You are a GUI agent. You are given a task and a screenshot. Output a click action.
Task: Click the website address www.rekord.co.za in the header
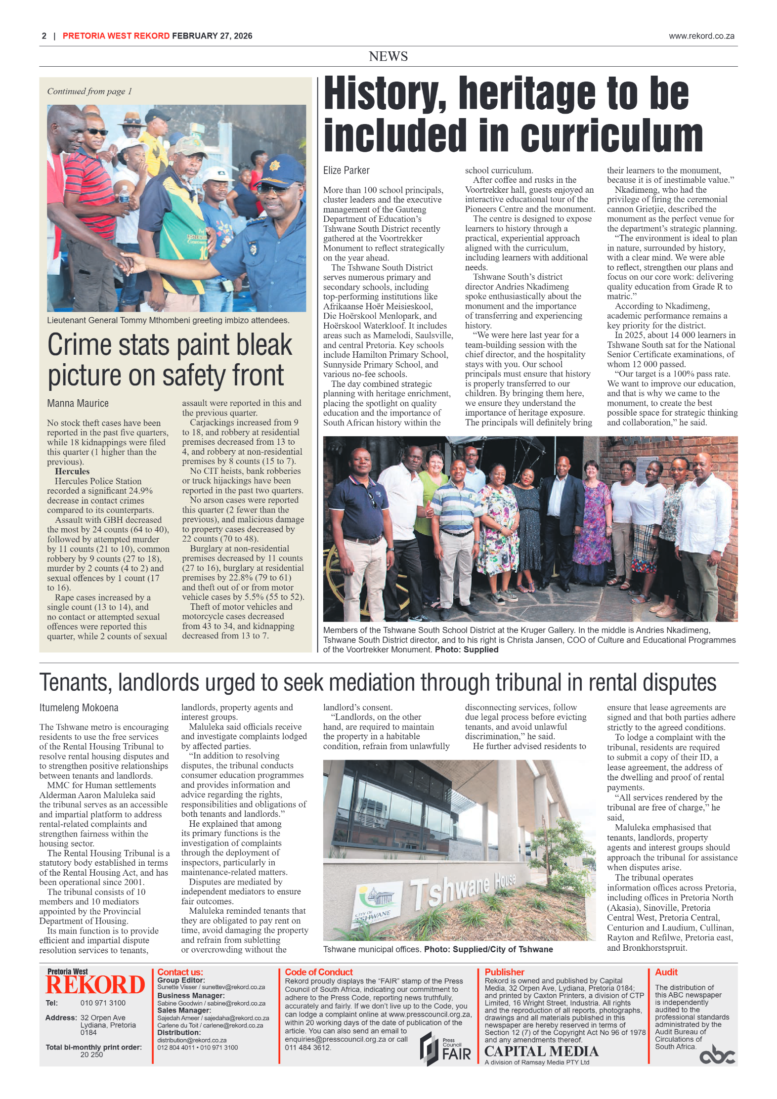tap(701, 36)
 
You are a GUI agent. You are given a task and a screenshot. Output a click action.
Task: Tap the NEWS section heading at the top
tap(388, 56)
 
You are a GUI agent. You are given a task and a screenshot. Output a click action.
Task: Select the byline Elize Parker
tap(346, 170)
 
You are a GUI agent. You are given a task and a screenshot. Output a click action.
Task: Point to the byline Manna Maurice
tap(78, 403)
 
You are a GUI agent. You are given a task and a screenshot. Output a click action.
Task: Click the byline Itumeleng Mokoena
tap(79, 708)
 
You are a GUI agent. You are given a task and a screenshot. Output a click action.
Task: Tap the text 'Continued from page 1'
tap(89, 91)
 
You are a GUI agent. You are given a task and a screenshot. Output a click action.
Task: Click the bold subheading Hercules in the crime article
tap(72, 471)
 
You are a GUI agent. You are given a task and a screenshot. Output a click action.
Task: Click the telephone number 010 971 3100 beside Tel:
tap(103, 1003)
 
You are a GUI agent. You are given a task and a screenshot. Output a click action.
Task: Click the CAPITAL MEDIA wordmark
tap(541, 1051)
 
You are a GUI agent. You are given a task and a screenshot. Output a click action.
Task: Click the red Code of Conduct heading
tap(318, 972)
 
